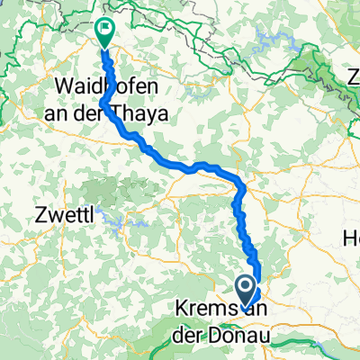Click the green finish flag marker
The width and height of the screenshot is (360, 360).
point(104,33)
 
